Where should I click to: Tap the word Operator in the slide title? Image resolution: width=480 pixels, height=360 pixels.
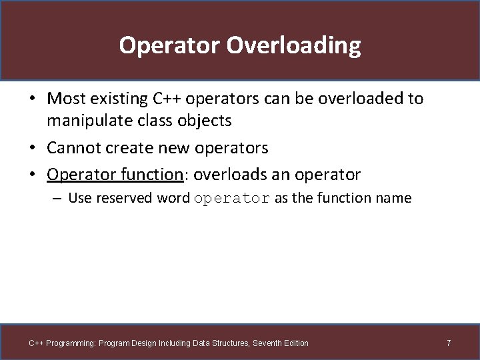(169, 46)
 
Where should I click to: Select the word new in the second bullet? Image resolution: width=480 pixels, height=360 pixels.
(173, 147)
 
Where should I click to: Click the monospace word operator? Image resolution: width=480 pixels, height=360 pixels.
(232, 199)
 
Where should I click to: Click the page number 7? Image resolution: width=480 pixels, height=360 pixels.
(449, 343)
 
